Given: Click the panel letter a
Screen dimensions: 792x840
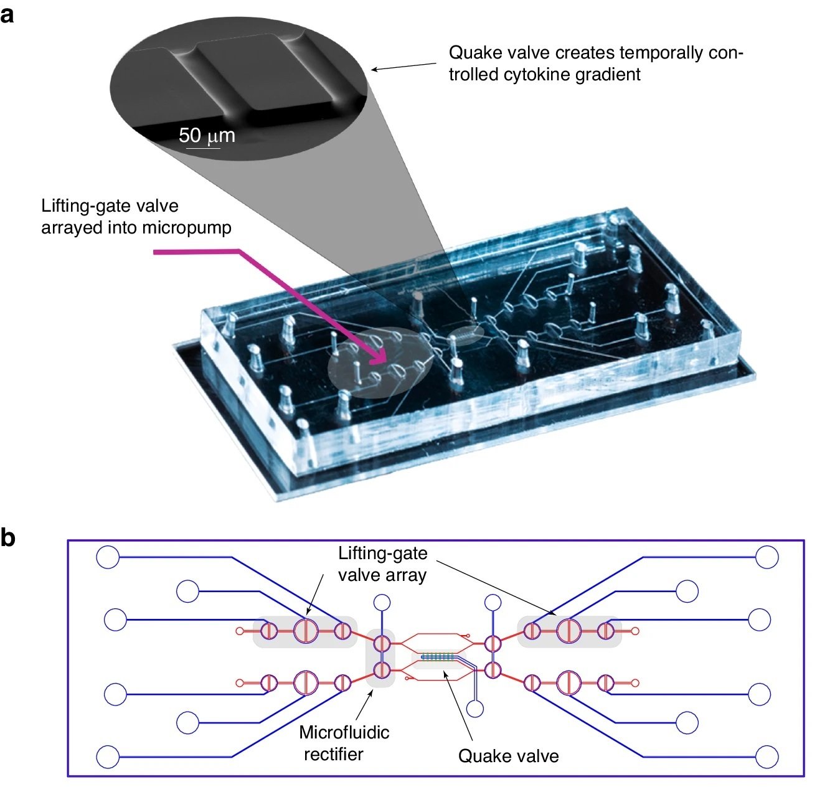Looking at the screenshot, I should point(7,14).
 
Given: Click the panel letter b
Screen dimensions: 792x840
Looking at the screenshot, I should point(7,537).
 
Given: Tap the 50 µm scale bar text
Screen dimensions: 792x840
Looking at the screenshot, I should point(207,135).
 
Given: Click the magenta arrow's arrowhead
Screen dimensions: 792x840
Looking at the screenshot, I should point(381,360).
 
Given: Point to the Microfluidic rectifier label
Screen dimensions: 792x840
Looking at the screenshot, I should point(344,743).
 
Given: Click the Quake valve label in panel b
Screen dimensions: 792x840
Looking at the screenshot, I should point(508,756).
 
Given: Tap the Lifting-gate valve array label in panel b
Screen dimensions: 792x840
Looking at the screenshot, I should point(382,563).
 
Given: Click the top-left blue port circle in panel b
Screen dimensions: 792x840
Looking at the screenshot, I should point(108,557).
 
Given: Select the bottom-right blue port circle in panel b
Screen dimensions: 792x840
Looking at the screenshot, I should point(767,757).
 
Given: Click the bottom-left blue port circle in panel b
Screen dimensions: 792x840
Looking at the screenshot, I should point(108,757).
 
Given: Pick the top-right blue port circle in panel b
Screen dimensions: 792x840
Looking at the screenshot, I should point(767,557).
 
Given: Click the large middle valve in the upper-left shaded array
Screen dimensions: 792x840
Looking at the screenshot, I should point(306,631).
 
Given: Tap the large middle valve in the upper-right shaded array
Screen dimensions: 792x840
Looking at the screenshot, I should point(569,631).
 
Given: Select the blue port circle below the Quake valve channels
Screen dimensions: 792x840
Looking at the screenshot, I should point(475,709).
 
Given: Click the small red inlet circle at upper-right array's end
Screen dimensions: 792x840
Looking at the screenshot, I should point(635,631).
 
